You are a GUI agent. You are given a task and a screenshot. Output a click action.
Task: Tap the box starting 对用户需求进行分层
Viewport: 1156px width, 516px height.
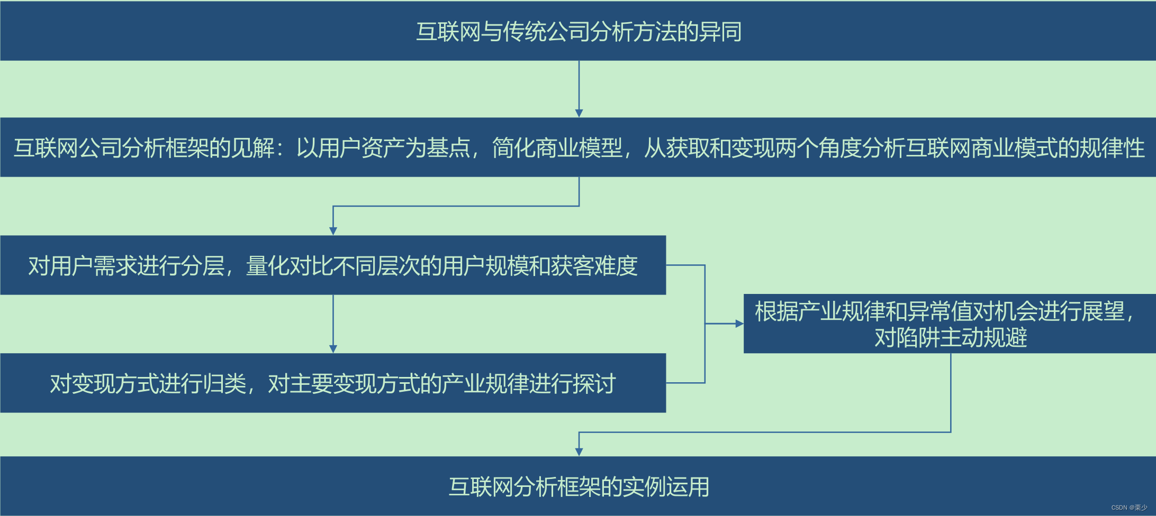[333, 265]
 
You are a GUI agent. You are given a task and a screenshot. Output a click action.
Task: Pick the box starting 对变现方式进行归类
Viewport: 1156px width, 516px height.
[333, 383]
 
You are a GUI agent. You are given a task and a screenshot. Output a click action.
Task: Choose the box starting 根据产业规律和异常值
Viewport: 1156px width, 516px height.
[950, 324]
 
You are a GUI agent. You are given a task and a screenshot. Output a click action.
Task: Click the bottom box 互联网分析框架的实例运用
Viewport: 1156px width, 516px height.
[578, 486]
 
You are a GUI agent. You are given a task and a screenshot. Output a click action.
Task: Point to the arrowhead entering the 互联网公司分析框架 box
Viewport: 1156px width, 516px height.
[579, 113]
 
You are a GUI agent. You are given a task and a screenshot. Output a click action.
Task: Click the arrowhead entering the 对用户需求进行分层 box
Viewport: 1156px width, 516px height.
[333, 231]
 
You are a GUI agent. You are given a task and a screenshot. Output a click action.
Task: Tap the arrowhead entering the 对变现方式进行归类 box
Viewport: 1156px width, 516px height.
[333, 349]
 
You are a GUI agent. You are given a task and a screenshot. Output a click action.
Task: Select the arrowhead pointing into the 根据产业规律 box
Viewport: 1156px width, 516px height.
[739, 324]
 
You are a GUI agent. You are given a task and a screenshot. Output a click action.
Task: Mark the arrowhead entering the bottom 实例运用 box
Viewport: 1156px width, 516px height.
[579, 452]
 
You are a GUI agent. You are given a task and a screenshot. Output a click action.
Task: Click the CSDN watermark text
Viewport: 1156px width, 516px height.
[1129, 508]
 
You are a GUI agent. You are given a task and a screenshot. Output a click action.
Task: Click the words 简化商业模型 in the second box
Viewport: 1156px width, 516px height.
[557, 148]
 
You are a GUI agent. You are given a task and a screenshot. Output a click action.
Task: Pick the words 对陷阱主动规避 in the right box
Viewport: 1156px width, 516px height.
[951, 337]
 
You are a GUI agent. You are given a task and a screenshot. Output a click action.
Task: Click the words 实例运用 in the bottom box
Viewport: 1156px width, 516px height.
[666, 486]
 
